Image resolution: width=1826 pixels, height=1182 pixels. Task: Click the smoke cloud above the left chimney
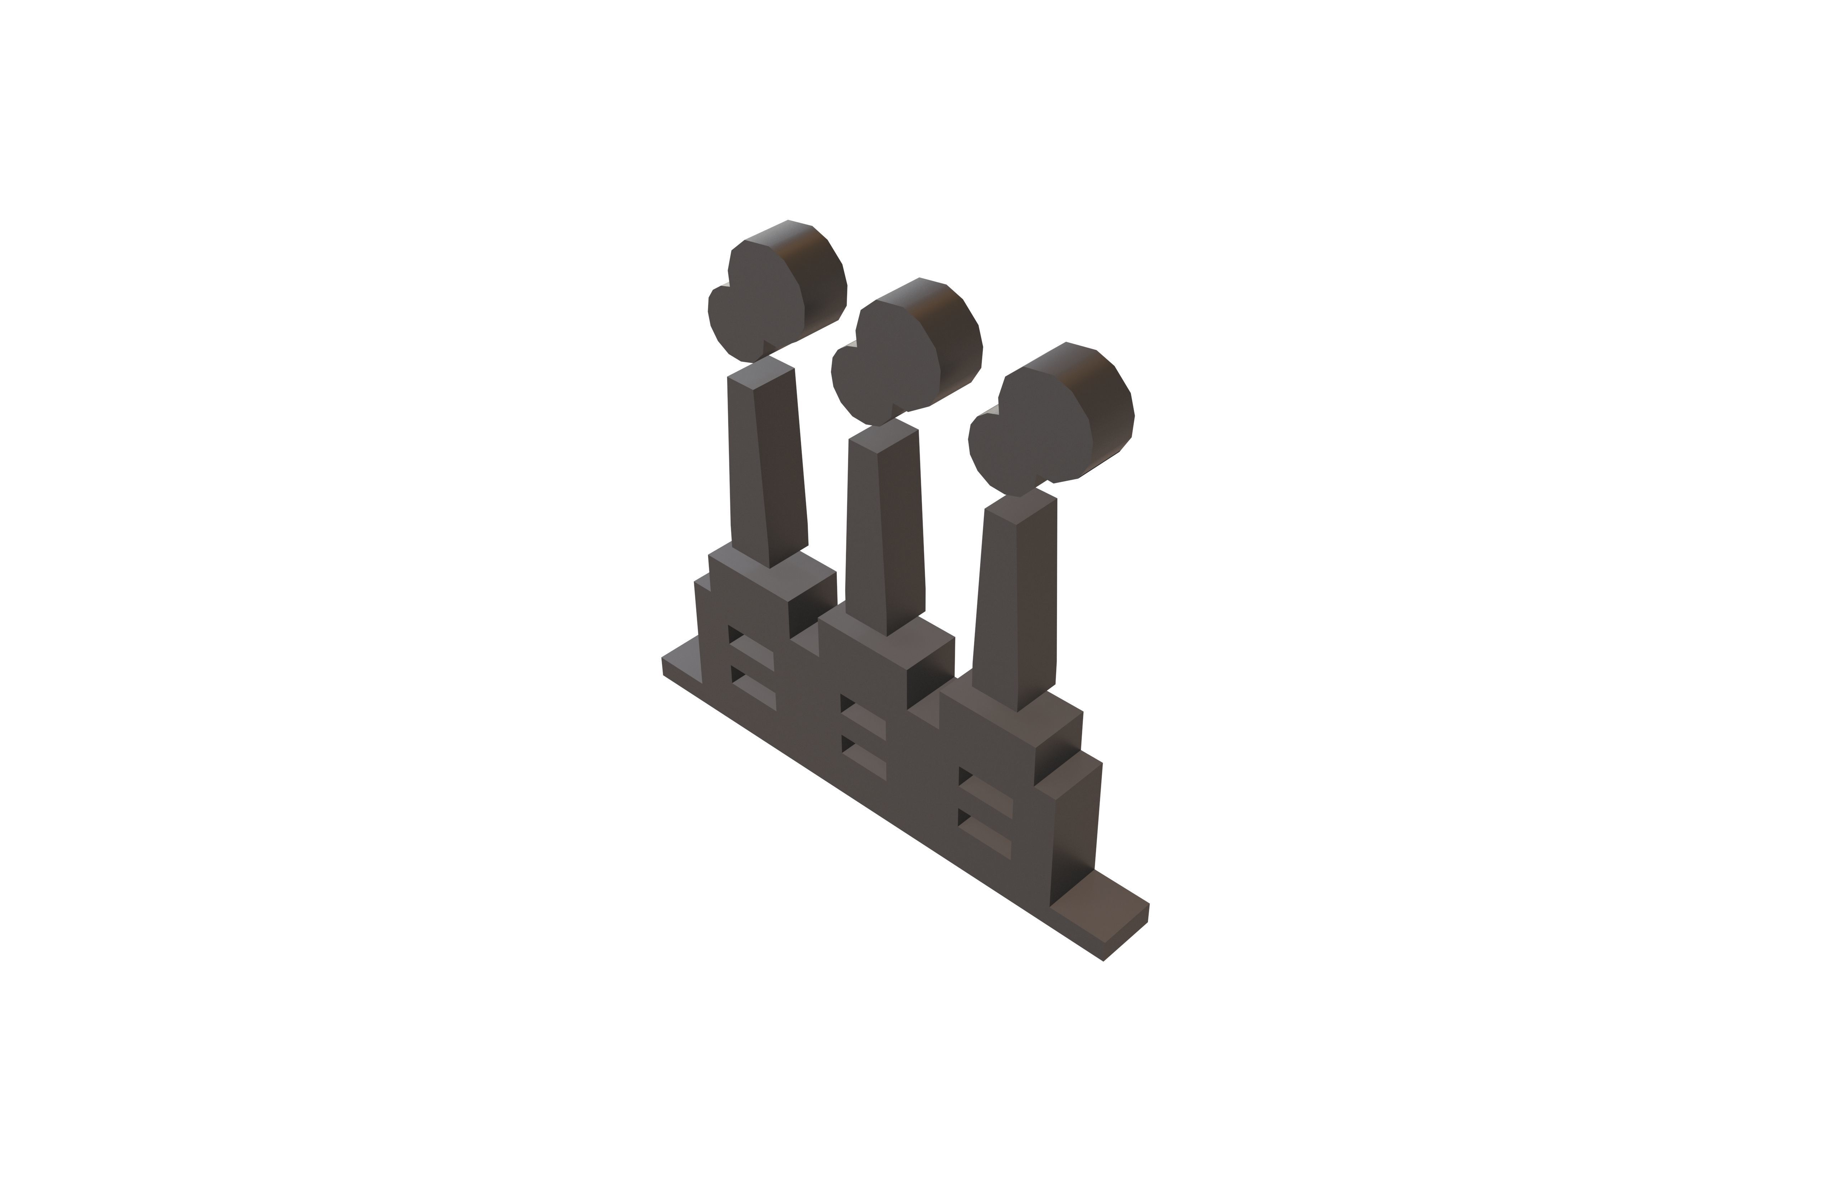767,299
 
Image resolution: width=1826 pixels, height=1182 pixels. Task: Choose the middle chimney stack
882,537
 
